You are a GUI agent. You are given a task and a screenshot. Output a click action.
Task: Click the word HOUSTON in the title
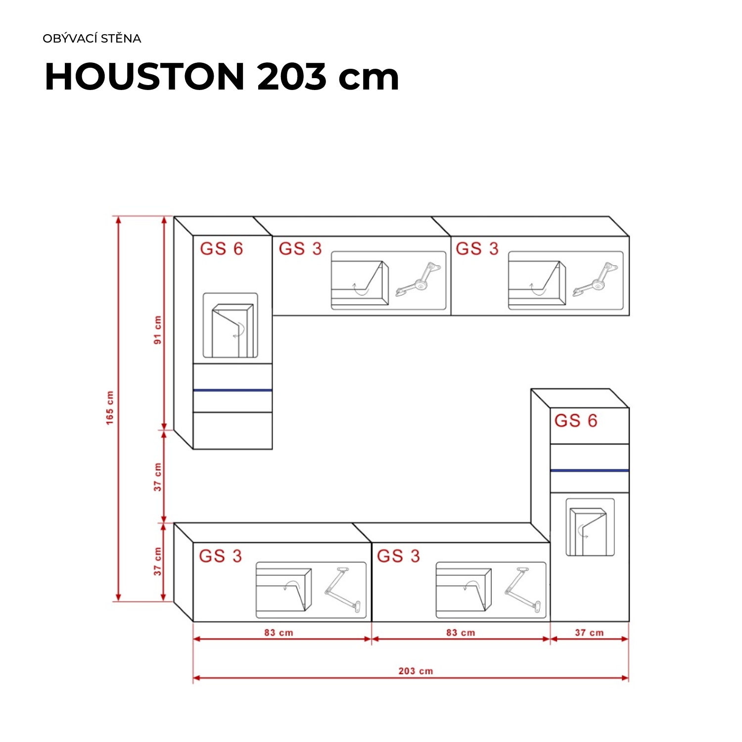tap(145, 77)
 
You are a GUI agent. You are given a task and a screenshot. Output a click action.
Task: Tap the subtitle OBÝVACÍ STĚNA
tap(92, 39)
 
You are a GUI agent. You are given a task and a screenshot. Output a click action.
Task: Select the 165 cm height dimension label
tap(110, 408)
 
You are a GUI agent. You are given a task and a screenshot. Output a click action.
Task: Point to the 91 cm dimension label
tap(157, 330)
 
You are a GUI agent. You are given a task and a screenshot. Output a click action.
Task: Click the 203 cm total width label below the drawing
tap(416, 671)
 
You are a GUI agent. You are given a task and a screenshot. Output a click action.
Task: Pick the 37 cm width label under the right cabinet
tap(589, 633)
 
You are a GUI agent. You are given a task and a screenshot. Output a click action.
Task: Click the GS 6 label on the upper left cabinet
tap(221, 248)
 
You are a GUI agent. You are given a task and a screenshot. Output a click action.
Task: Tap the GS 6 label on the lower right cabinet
tap(576, 420)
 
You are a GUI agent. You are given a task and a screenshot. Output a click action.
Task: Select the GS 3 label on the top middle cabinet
tap(300, 248)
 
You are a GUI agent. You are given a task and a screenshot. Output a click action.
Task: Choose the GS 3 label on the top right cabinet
tap(477, 248)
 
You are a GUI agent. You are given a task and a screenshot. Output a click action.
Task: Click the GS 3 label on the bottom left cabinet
tap(220, 556)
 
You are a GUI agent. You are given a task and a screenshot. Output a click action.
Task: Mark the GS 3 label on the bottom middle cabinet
tap(398, 556)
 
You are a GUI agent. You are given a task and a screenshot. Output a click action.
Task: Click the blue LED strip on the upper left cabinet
tap(232, 390)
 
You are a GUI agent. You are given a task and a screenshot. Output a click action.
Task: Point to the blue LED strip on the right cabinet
tap(590, 470)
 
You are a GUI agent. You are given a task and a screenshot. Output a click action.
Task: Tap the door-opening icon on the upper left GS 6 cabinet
tap(230, 325)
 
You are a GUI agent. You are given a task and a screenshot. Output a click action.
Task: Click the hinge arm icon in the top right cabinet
tap(596, 280)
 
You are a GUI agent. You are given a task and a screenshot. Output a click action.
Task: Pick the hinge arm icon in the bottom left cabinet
tap(343, 590)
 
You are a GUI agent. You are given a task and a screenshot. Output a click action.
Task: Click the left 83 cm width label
tap(278, 633)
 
